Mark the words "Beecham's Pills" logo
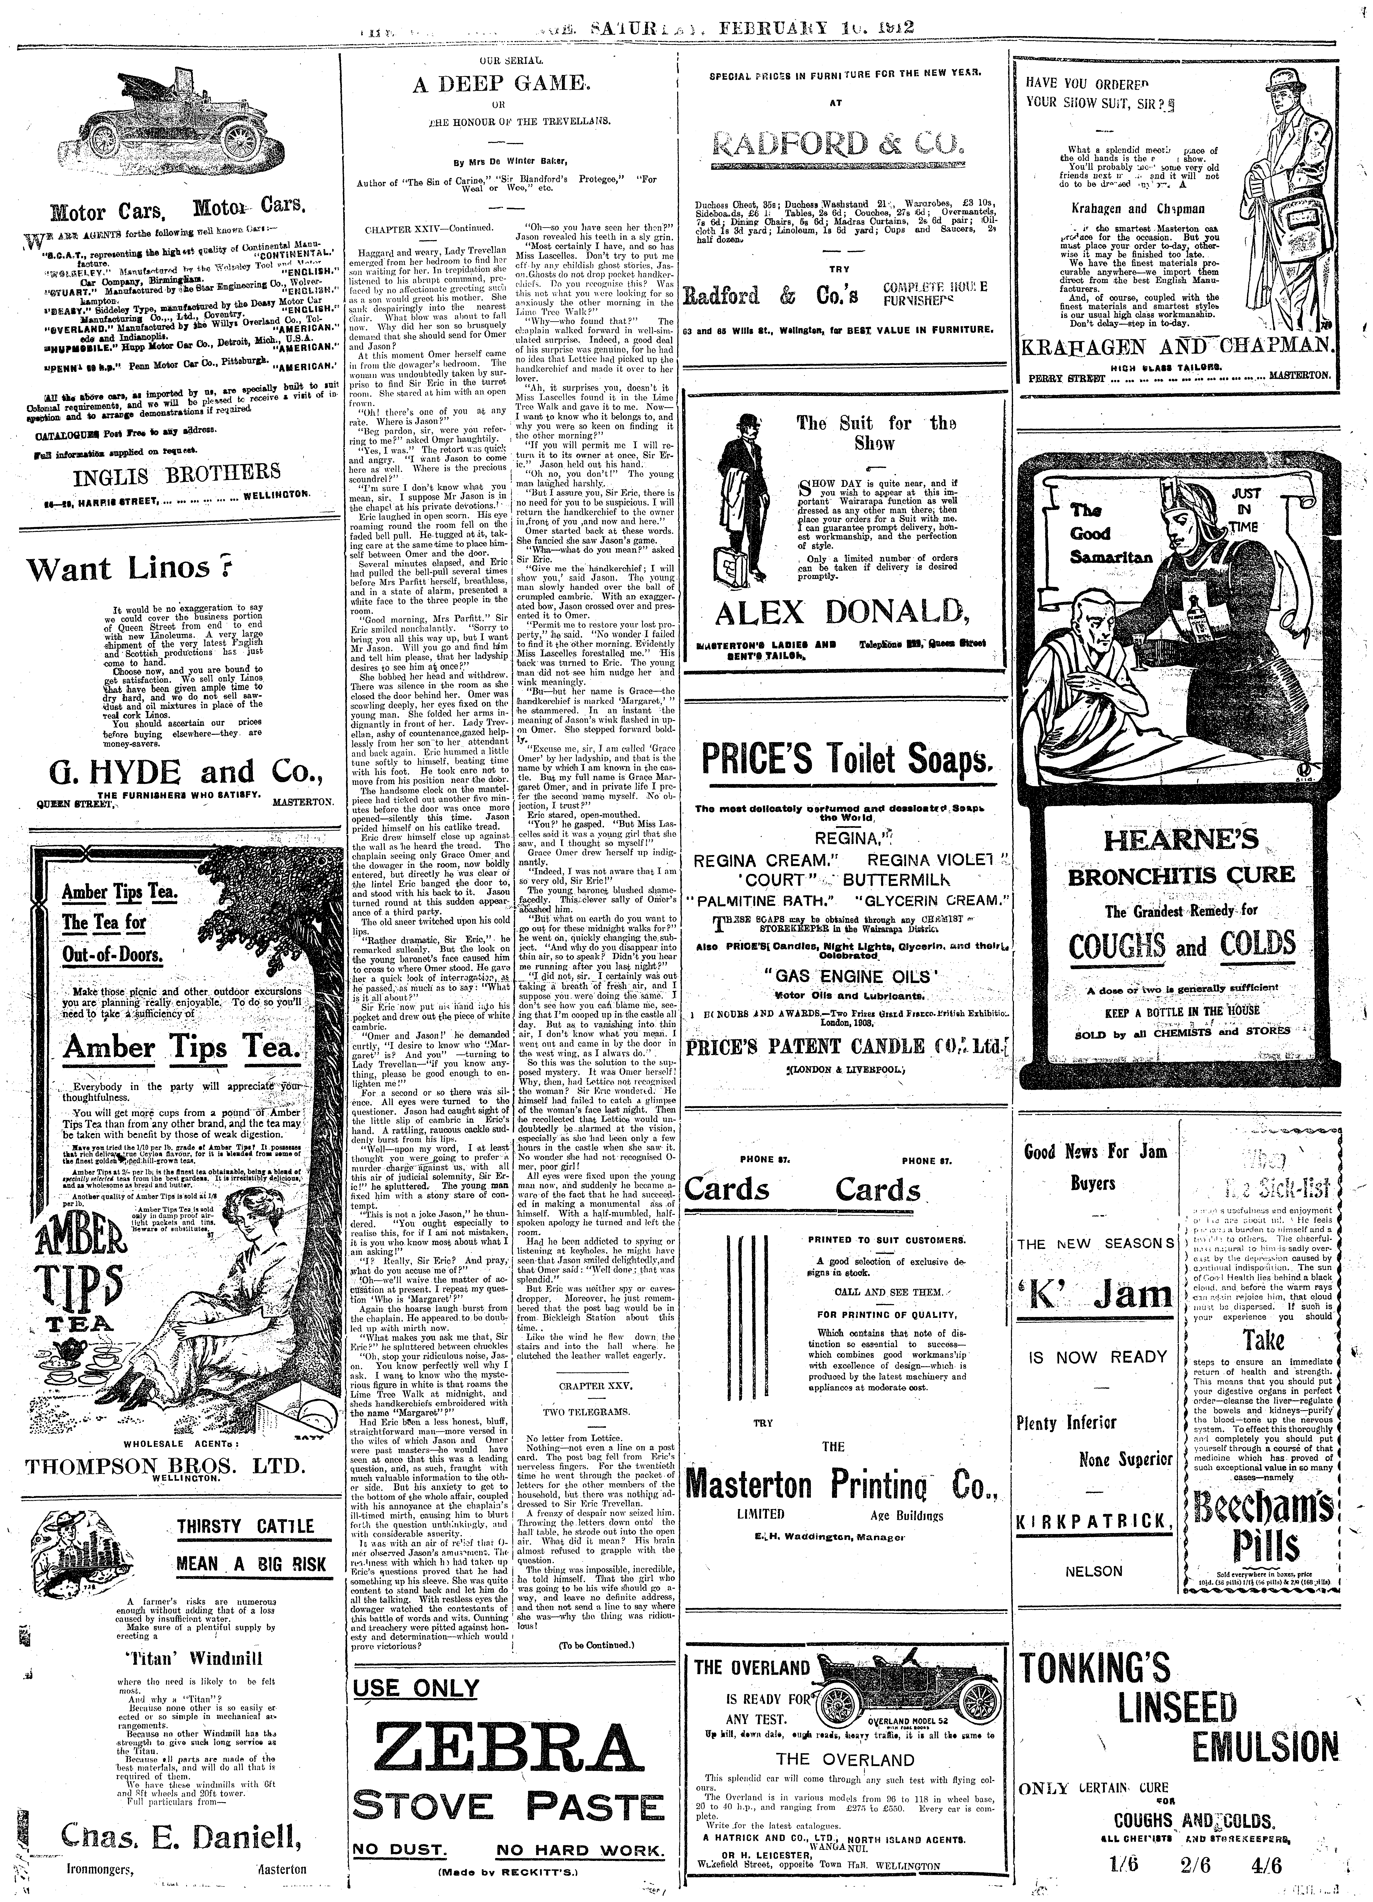pos(1262,1525)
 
